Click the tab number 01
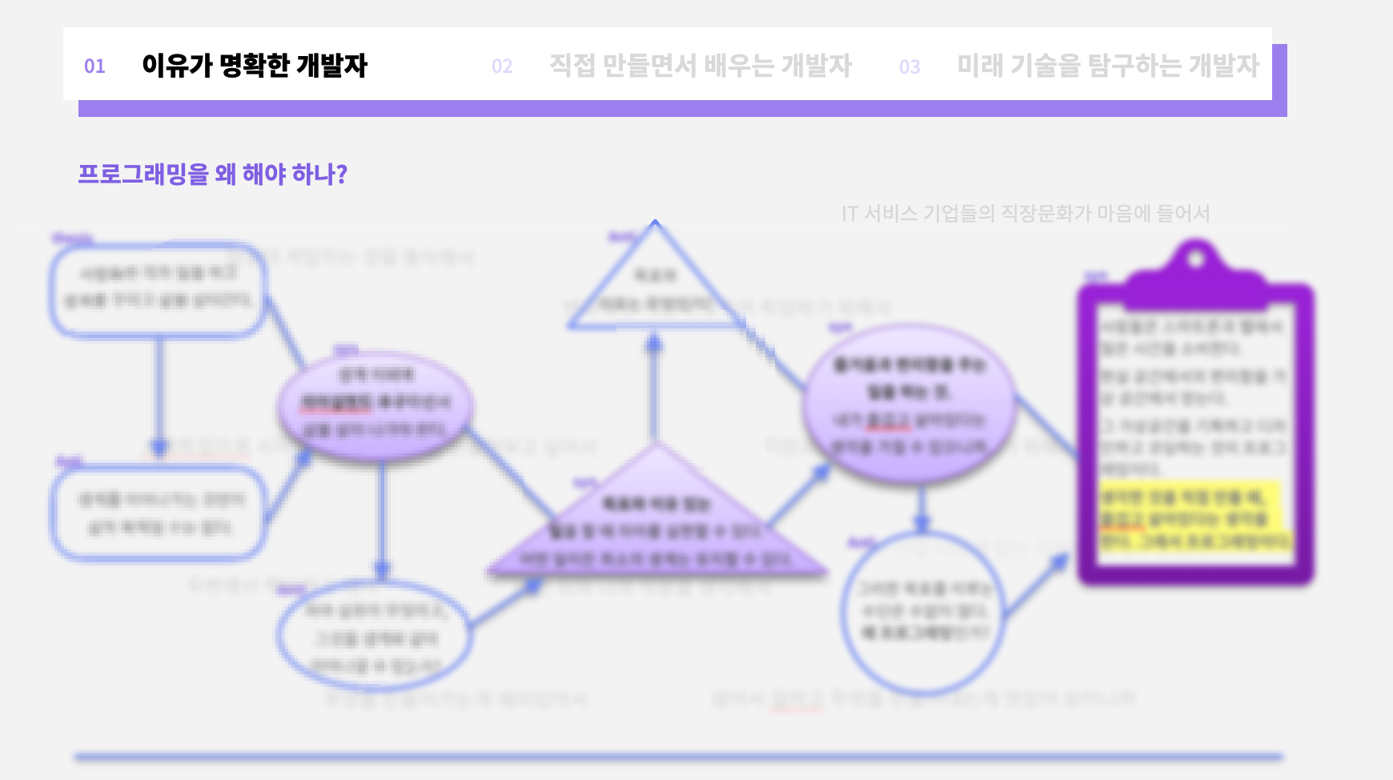pyautogui.click(x=94, y=66)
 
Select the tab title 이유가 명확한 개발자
pyautogui.click(x=254, y=66)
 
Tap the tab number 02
pyautogui.click(x=502, y=66)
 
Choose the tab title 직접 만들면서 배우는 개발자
pyautogui.click(x=700, y=66)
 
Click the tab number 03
pyautogui.click(x=909, y=67)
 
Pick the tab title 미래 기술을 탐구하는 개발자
pyautogui.click(x=1108, y=66)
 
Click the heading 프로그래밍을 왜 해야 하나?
pyautogui.click(x=212, y=174)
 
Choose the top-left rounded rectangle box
pyautogui.click(x=159, y=288)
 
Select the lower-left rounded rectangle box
pyautogui.click(x=159, y=513)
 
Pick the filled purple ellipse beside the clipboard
pyautogui.click(x=909, y=404)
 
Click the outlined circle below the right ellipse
pyautogui.click(x=922, y=613)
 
